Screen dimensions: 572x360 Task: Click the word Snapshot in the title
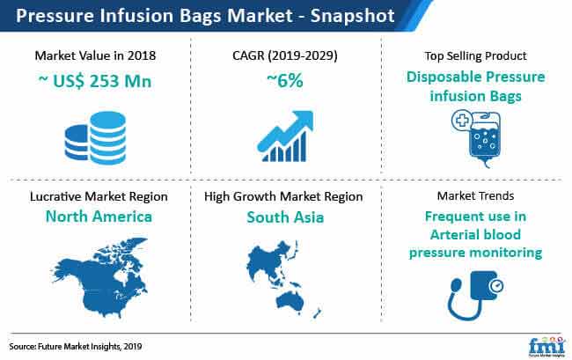click(x=352, y=16)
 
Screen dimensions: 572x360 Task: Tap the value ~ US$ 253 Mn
click(x=95, y=81)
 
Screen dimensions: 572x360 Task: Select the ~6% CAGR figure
click(x=285, y=81)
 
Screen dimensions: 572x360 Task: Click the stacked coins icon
click(x=95, y=137)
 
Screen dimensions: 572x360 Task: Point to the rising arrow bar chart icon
click(x=285, y=136)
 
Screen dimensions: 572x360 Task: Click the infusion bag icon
click(x=476, y=138)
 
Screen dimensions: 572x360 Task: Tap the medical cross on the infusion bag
click(x=462, y=121)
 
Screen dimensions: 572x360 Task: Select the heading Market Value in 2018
click(x=95, y=55)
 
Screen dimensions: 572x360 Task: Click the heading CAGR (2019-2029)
click(x=285, y=55)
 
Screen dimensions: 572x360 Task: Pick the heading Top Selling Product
click(x=476, y=55)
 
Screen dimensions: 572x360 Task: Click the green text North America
click(x=99, y=217)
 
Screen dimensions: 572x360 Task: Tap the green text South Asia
click(x=285, y=217)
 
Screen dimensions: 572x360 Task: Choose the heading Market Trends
click(x=476, y=196)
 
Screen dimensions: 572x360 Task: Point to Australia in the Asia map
click(x=290, y=301)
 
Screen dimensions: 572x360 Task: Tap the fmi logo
click(x=546, y=346)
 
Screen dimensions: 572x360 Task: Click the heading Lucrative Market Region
click(x=99, y=196)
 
